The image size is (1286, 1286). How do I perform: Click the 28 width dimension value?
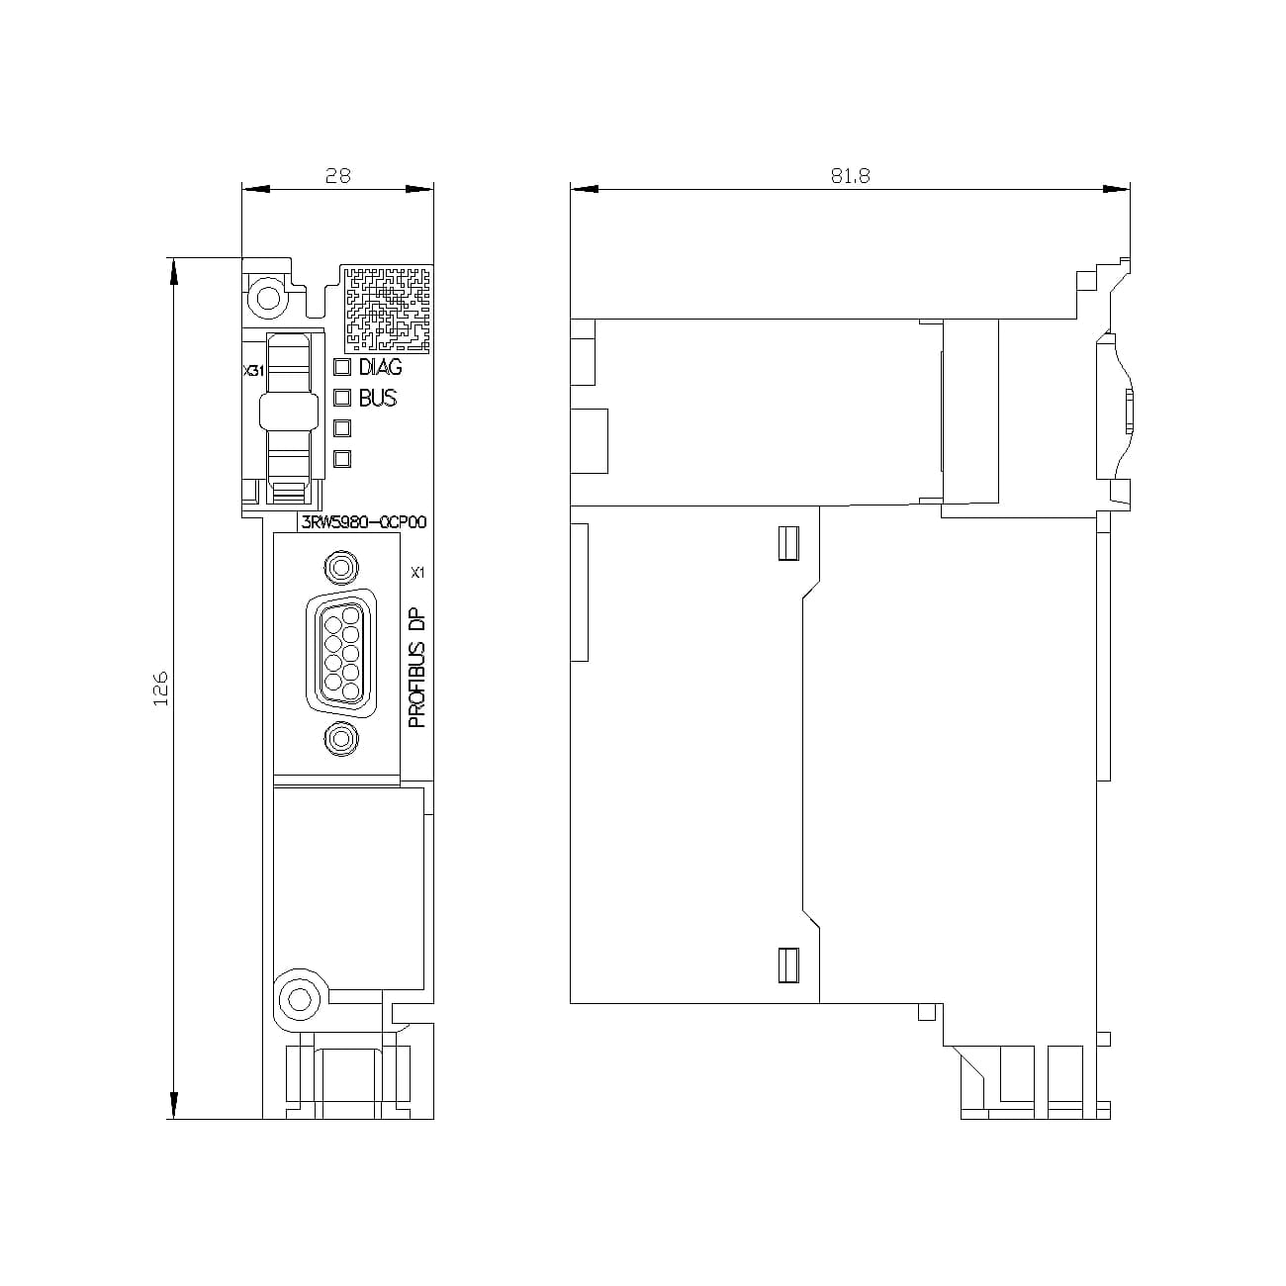(338, 175)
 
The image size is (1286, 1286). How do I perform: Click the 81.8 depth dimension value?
(850, 175)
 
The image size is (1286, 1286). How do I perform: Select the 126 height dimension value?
(160, 689)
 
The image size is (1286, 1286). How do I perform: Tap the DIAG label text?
(380, 367)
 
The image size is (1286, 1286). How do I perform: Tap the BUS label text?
(377, 398)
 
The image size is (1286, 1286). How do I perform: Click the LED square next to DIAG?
(343, 368)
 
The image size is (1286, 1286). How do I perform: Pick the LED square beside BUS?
(343, 398)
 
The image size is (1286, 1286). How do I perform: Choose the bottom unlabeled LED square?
(343, 458)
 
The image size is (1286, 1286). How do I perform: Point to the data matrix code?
(388, 308)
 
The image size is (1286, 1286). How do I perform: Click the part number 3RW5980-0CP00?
(363, 522)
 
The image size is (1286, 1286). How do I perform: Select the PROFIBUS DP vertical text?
(417, 669)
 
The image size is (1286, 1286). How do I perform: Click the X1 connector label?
(417, 572)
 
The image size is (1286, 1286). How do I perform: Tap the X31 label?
(253, 371)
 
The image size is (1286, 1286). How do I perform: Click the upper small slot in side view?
(788, 543)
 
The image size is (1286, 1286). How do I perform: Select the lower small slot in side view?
(788, 965)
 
